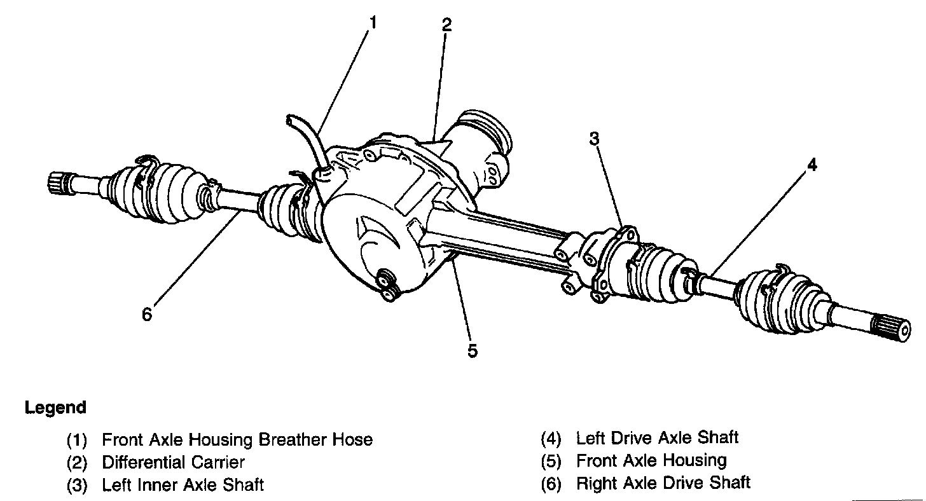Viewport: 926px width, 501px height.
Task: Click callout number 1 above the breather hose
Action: [x=373, y=23]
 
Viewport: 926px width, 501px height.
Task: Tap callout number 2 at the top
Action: [x=446, y=25]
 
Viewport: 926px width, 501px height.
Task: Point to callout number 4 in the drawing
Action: [x=812, y=165]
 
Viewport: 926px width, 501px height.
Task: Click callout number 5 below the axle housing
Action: [x=472, y=350]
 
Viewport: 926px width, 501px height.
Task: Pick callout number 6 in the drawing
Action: [x=148, y=314]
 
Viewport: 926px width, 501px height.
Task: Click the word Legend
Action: [x=55, y=408]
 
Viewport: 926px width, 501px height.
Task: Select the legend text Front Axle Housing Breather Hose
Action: [x=237, y=439]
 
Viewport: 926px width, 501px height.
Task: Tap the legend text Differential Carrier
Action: [x=173, y=462]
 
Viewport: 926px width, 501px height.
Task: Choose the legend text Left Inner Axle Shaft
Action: [x=183, y=485]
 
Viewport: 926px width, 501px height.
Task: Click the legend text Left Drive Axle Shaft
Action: [x=657, y=437]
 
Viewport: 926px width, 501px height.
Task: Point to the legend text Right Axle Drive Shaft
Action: [x=663, y=483]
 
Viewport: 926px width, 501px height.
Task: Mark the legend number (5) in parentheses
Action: [x=551, y=460]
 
